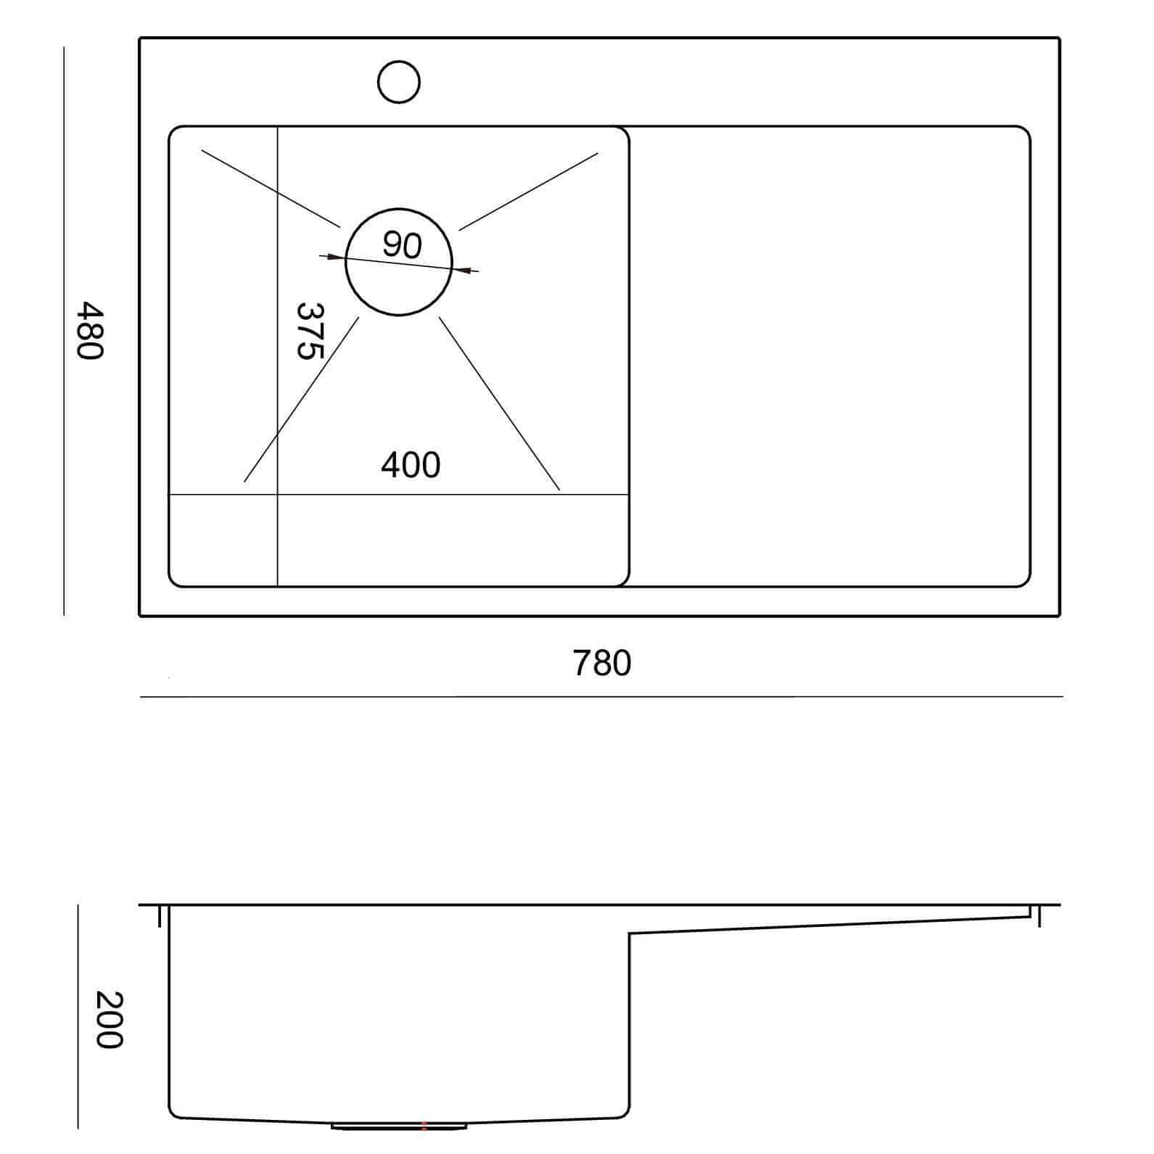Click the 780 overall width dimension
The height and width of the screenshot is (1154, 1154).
[x=602, y=663]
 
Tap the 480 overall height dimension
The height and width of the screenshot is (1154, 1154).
[x=91, y=331]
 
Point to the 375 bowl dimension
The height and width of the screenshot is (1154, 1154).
[x=310, y=331]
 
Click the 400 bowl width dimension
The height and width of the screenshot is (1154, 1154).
[x=411, y=465]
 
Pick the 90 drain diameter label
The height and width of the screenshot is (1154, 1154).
[x=402, y=245]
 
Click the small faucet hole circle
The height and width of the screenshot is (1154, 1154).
[x=399, y=81]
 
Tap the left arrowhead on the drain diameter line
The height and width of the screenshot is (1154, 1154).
[x=335, y=257]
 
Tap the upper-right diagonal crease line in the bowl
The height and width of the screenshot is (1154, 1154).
[x=529, y=191]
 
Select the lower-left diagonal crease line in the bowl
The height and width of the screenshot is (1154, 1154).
[x=302, y=400]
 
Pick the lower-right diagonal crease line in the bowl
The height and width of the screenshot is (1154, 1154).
[x=500, y=403]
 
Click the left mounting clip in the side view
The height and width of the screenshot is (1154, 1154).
[x=159, y=915]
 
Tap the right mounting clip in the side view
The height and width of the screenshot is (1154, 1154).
[x=1039, y=915]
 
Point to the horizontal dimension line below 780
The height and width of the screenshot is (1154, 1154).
[x=601, y=697]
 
